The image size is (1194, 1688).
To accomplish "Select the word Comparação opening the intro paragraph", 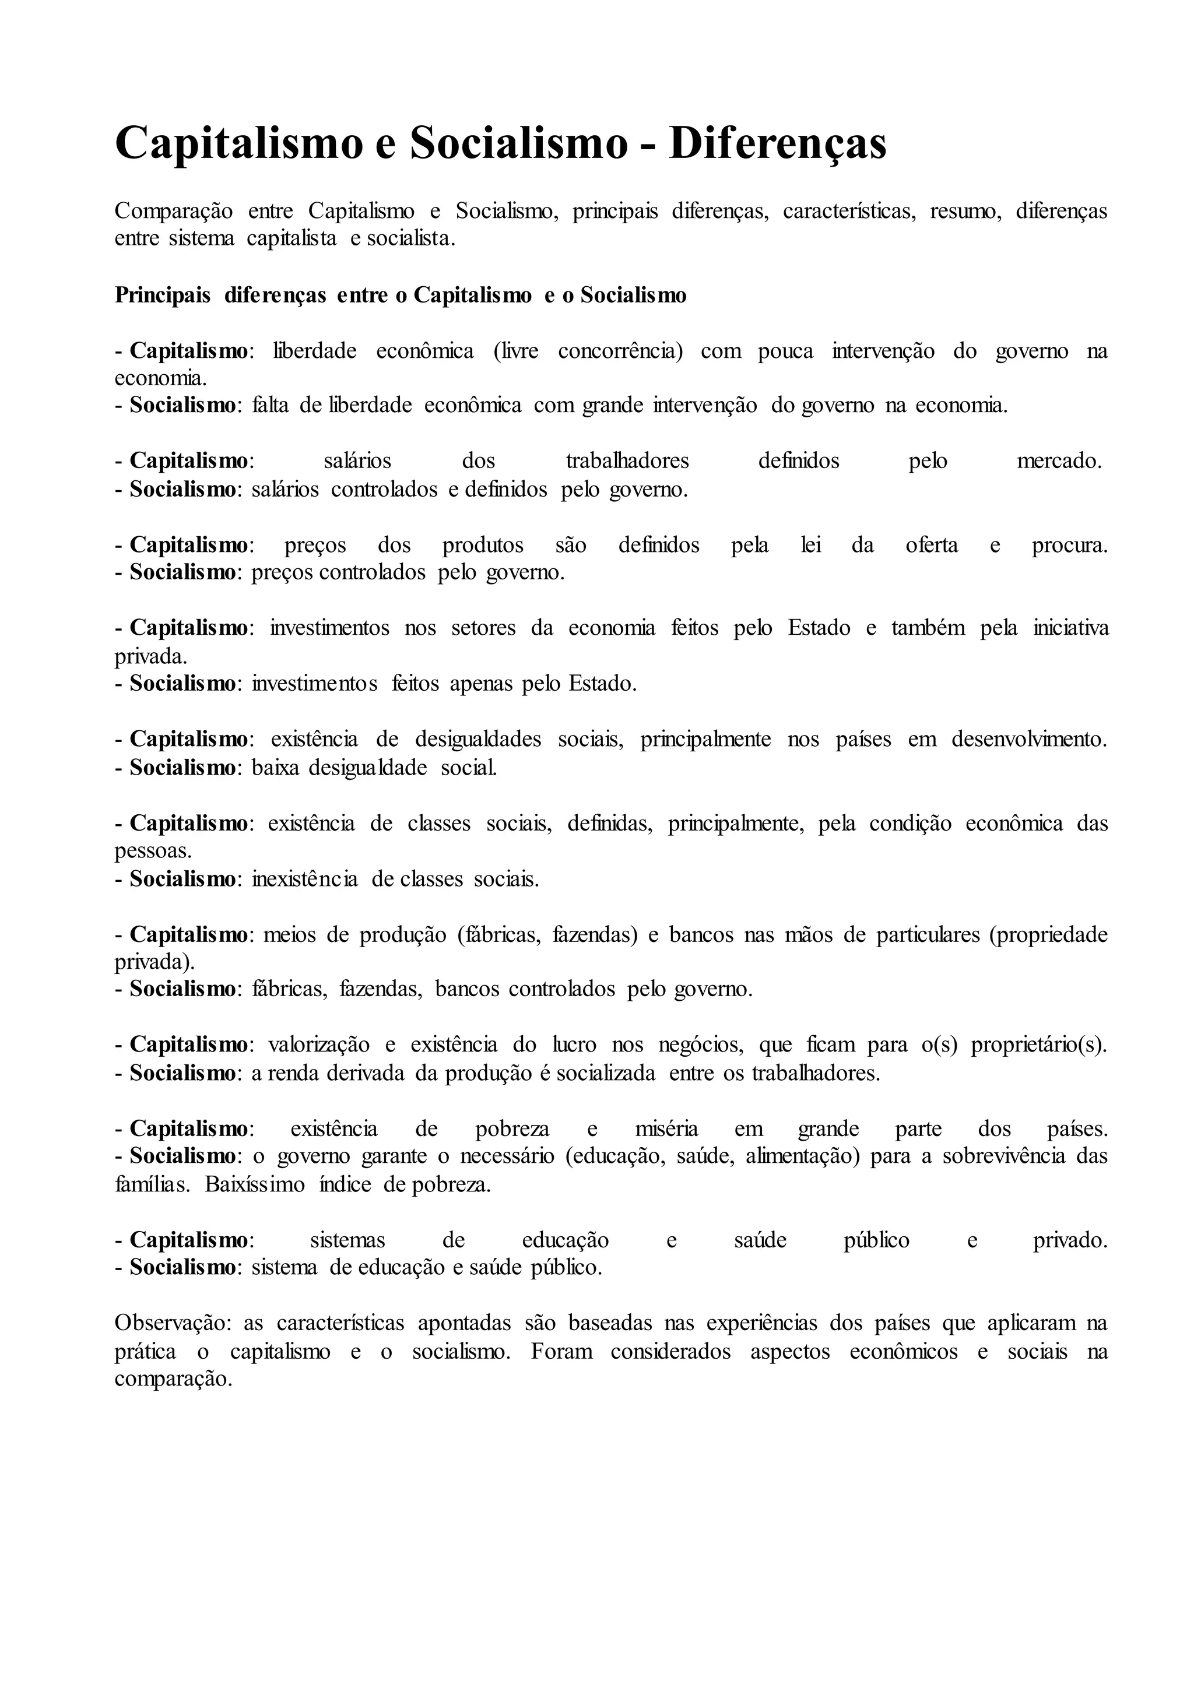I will (174, 211).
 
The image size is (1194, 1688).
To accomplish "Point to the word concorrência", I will (620, 351).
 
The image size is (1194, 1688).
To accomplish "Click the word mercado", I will (1059, 461).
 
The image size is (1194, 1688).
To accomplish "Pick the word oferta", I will (932, 545).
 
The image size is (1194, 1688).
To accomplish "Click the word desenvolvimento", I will (1028, 739).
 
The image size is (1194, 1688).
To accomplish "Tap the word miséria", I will (666, 1128).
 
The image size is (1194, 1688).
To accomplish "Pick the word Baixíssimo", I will (254, 1184).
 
